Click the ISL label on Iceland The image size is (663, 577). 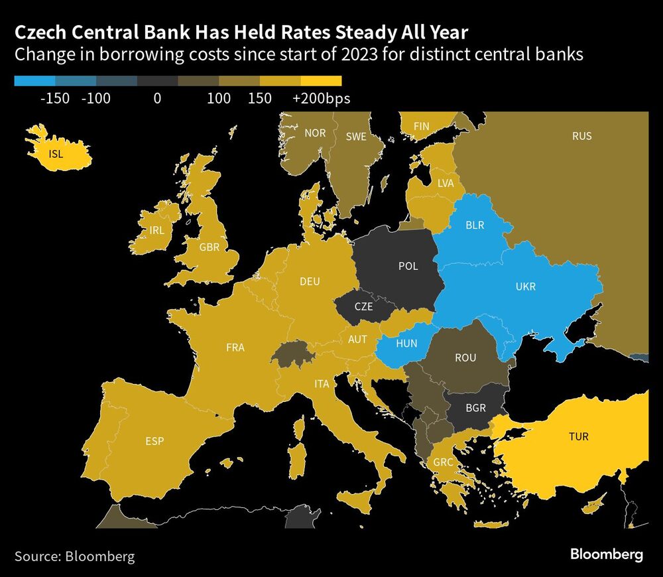coord(57,154)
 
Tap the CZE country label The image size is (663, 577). coord(363,307)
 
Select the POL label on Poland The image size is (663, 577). coord(408,266)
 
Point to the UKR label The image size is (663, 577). coord(524,287)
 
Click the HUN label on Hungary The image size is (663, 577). coord(406,344)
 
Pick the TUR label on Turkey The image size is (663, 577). coord(578,437)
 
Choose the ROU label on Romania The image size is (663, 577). coord(465,357)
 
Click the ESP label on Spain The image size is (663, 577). coord(154,441)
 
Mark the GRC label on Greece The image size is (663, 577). coord(443,462)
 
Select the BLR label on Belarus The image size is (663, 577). coord(475,225)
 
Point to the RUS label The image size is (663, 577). coord(581,136)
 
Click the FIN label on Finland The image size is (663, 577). coord(421,126)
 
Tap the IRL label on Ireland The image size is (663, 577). coord(156,231)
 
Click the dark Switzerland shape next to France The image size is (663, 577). coord(288,354)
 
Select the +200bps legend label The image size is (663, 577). coord(321,99)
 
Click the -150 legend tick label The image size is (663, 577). coord(55,99)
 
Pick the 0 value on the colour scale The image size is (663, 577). coord(157,99)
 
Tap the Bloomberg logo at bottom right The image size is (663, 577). coord(607,554)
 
